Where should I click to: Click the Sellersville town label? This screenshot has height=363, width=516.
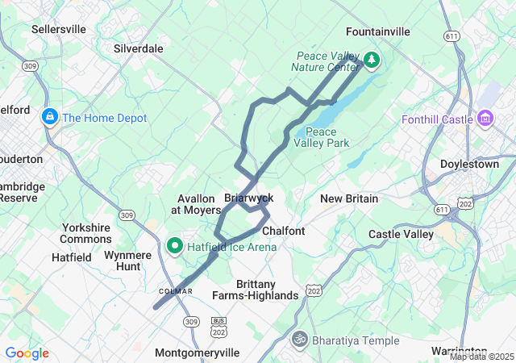click(58, 29)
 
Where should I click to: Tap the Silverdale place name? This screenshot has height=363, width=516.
click(139, 48)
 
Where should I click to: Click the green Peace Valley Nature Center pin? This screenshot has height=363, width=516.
click(371, 60)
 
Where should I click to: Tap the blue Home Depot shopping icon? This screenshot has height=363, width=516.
click(49, 118)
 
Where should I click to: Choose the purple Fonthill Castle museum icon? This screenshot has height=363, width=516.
click(485, 119)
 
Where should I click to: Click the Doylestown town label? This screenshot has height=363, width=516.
click(470, 164)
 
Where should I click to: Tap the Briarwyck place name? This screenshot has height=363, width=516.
click(248, 198)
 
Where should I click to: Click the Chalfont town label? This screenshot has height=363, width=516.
click(284, 231)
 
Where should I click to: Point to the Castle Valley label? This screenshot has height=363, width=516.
click(401, 234)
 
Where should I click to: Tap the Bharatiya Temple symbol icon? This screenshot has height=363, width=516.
click(300, 340)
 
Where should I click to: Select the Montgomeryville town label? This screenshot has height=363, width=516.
click(197, 353)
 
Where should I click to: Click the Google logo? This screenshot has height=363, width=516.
click(27, 353)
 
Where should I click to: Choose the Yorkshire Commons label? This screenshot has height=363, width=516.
click(85, 233)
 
